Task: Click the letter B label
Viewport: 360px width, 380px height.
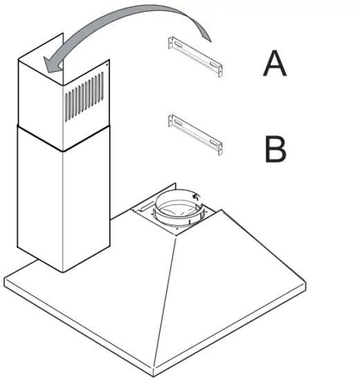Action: [275, 149]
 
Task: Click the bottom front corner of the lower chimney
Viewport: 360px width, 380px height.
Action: [64, 272]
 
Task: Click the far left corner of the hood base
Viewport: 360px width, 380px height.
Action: [6, 280]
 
